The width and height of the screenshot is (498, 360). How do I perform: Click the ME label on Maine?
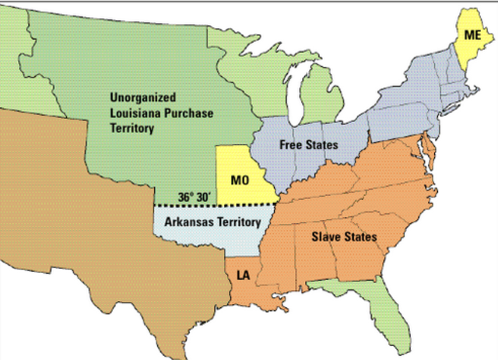(x=472, y=36)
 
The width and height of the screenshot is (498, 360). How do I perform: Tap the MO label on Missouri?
(x=239, y=180)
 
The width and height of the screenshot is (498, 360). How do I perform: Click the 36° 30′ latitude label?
(x=193, y=197)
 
